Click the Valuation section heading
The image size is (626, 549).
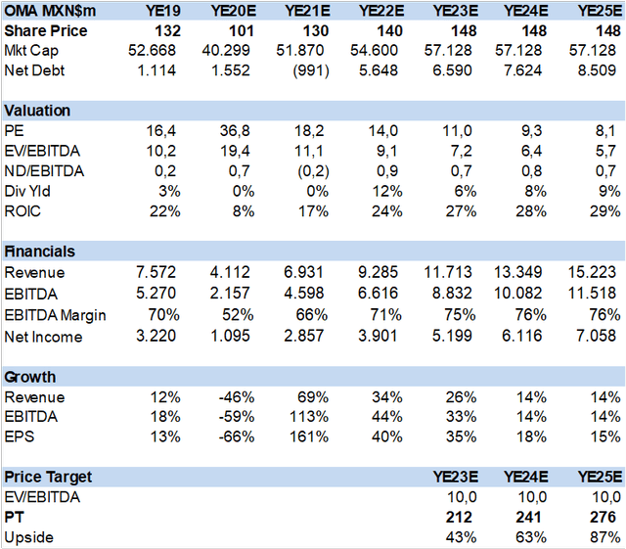pos(37,111)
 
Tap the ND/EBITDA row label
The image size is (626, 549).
pos(45,172)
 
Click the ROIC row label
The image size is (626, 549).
pos(23,211)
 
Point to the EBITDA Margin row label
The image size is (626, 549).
pos(55,315)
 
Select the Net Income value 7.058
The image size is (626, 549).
pos(597,337)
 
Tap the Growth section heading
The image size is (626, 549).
pos(30,377)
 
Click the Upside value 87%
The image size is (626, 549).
pos(602,536)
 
